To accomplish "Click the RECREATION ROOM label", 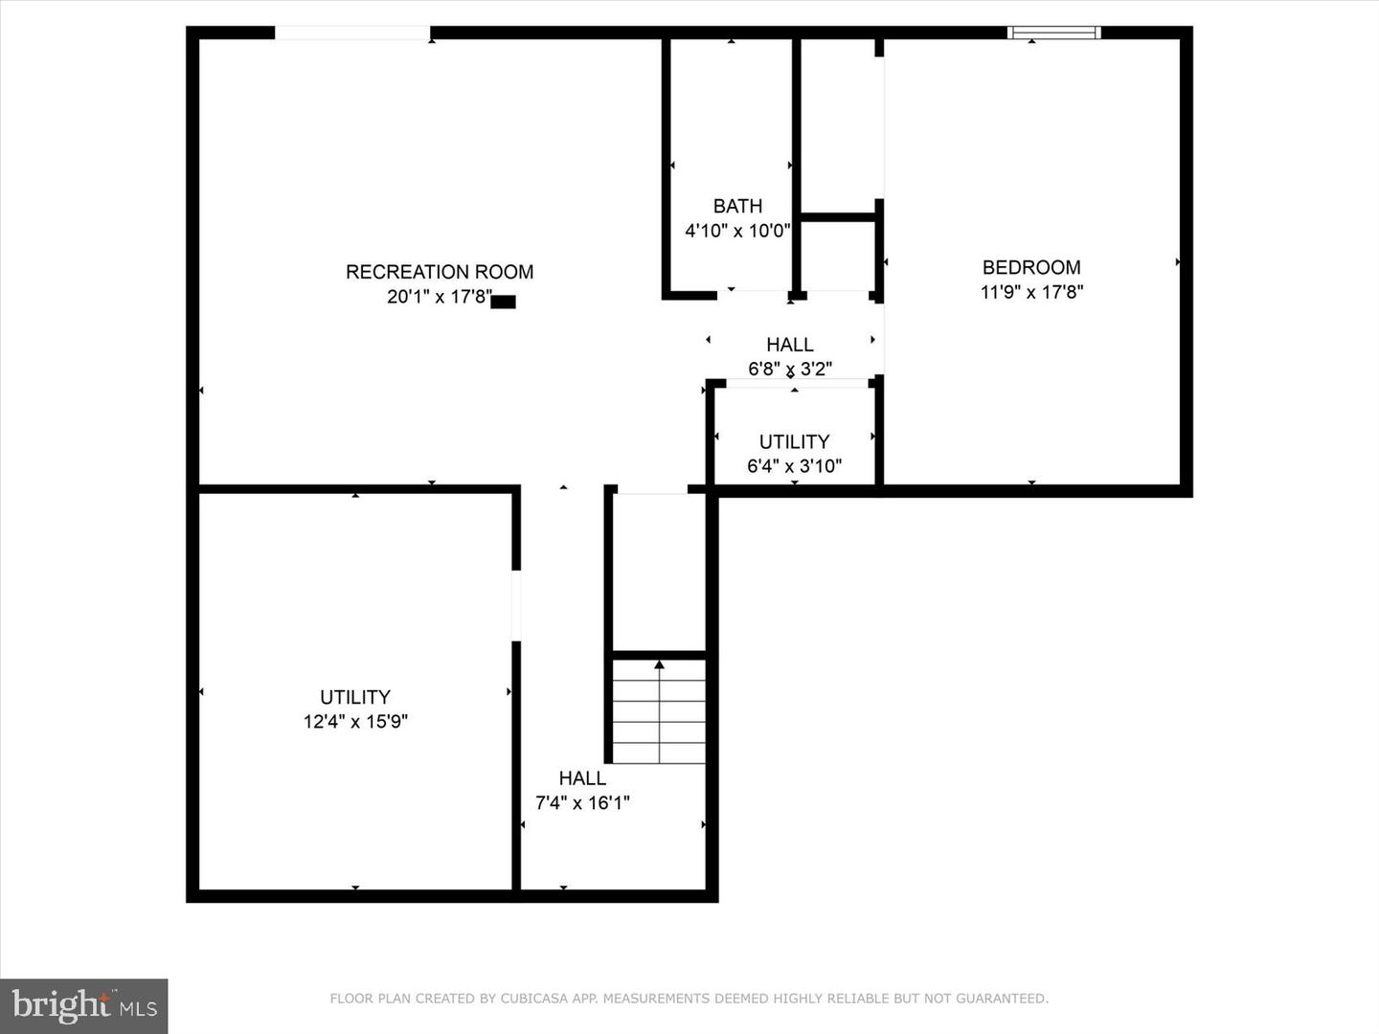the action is pos(440,272).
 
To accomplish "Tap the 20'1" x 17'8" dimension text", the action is pos(440,297).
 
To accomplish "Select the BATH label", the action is pos(737,206).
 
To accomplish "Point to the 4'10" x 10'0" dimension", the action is pos(737,231).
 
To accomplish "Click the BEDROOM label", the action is pos(1031,267).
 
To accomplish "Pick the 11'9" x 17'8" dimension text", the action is pos(1031,292).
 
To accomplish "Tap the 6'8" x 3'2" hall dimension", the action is pos(790,369).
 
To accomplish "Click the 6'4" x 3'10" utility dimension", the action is pos(794,466).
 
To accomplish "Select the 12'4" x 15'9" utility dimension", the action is pos(355,721).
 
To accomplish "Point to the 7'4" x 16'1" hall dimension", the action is pos(582,802).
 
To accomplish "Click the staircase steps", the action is pos(659,711).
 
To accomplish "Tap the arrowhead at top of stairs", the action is pos(659,664).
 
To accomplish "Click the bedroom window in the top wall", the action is pos(1054,33).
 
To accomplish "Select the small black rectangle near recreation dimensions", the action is pos(503,302).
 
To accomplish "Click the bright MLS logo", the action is pos(83,1005).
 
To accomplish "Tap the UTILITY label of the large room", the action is pos(355,697).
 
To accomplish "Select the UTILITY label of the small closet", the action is pos(794,442).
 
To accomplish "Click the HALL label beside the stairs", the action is pos(582,777).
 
